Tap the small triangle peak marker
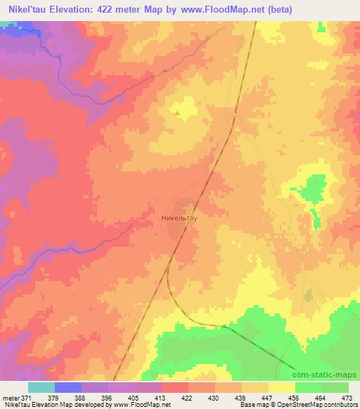coord(179,110)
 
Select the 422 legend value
coord(188,398)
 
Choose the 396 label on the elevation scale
coord(107,398)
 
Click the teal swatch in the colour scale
coord(41,387)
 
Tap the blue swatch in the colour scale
coord(68,387)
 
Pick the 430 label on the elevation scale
coord(214,398)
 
